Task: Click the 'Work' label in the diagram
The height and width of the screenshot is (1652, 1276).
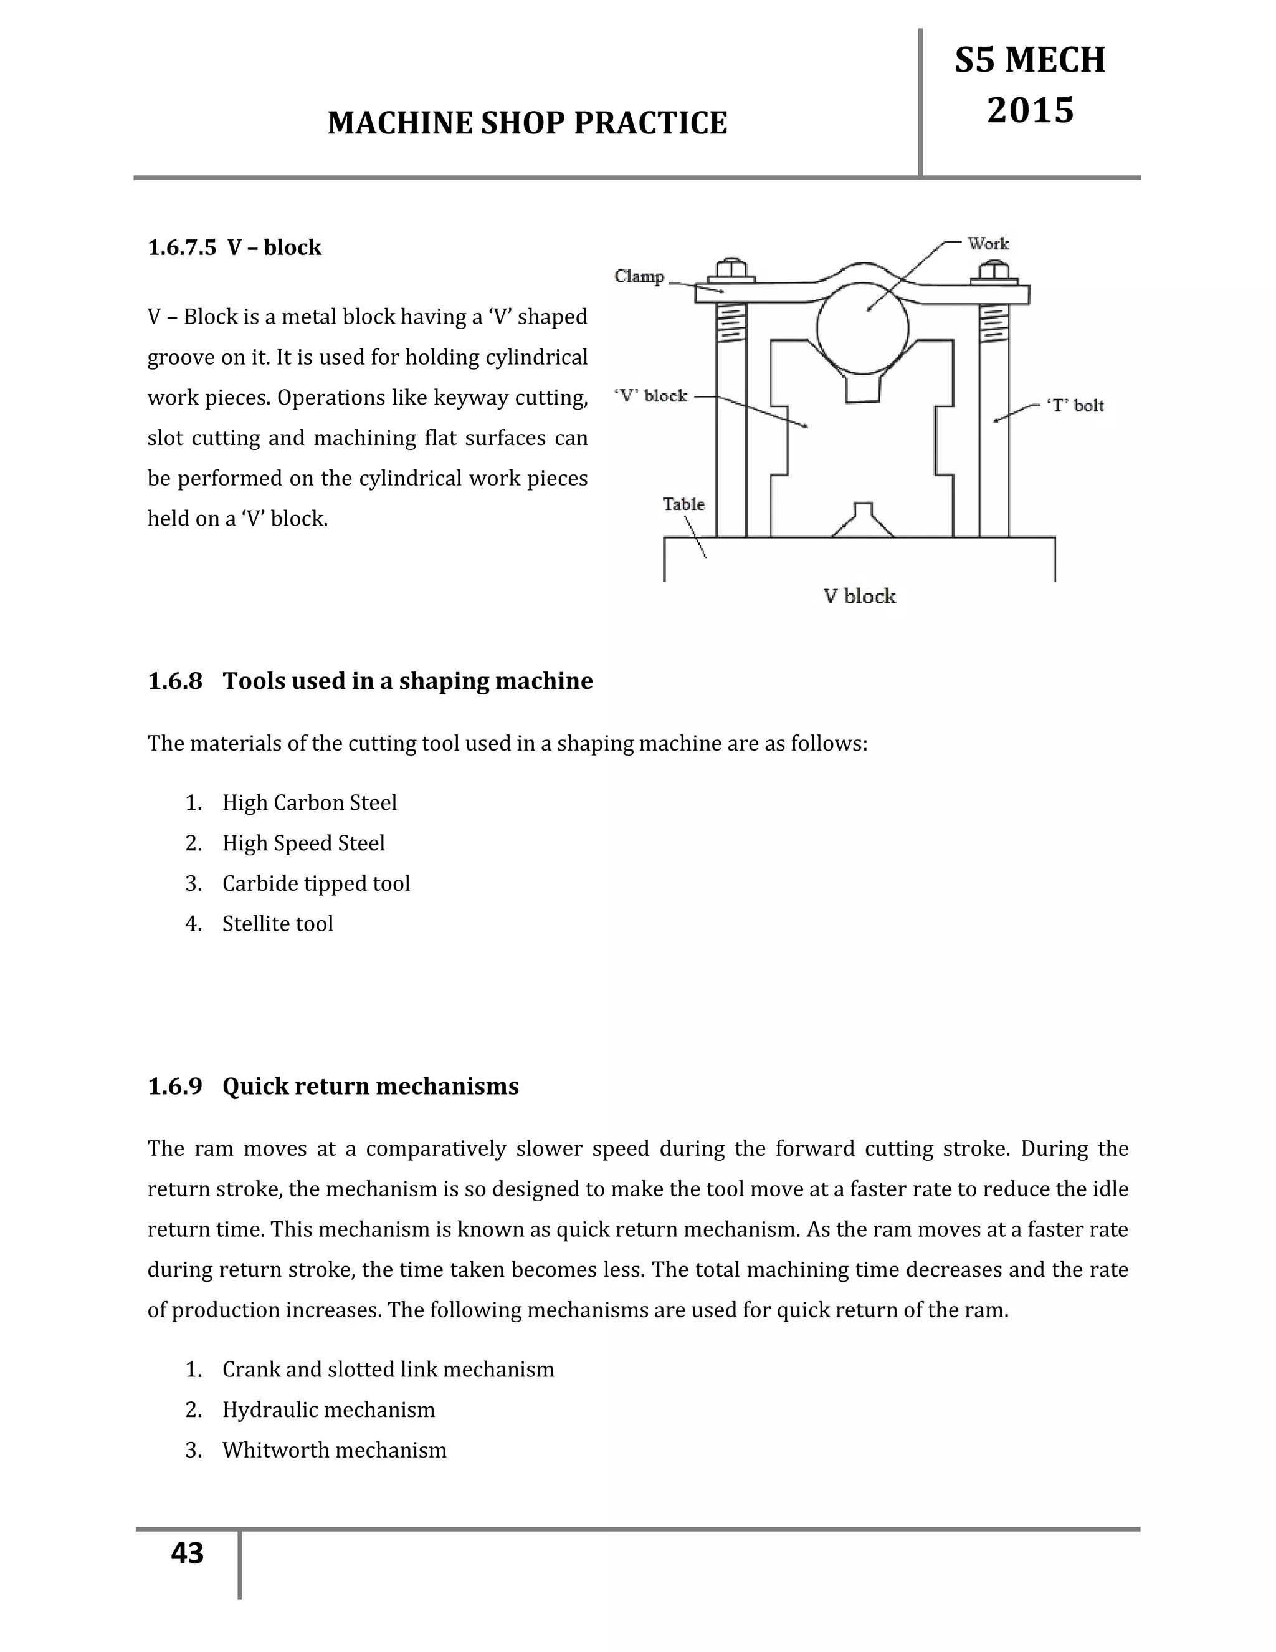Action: (x=988, y=244)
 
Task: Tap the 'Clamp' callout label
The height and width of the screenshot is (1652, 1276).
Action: (x=639, y=276)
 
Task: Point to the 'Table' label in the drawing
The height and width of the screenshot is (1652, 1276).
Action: (x=683, y=504)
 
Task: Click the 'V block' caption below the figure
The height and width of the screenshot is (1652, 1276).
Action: (x=859, y=596)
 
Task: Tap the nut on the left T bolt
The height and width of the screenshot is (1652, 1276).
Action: (x=730, y=269)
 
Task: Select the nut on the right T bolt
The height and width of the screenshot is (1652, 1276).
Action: (x=993, y=271)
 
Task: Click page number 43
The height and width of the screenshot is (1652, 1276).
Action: (x=188, y=1554)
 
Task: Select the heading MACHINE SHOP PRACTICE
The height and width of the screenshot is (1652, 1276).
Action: (x=527, y=123)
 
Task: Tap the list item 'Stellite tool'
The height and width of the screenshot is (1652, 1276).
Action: (x=277, y=924)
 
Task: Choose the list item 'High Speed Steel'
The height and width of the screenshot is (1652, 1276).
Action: (x=303, y=843)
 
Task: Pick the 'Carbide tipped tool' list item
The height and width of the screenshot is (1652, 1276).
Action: (x=316, y=883)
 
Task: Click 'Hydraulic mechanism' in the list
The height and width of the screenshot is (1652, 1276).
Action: (x=328, y=1410)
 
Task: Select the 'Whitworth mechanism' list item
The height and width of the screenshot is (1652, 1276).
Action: (x=334, y=1450)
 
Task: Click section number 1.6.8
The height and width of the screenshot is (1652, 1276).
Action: (x=175, y=681)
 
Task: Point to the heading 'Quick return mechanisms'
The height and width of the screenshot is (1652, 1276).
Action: (x=371, y=1086)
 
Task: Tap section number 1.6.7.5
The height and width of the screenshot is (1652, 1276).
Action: (x=181, y=247)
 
